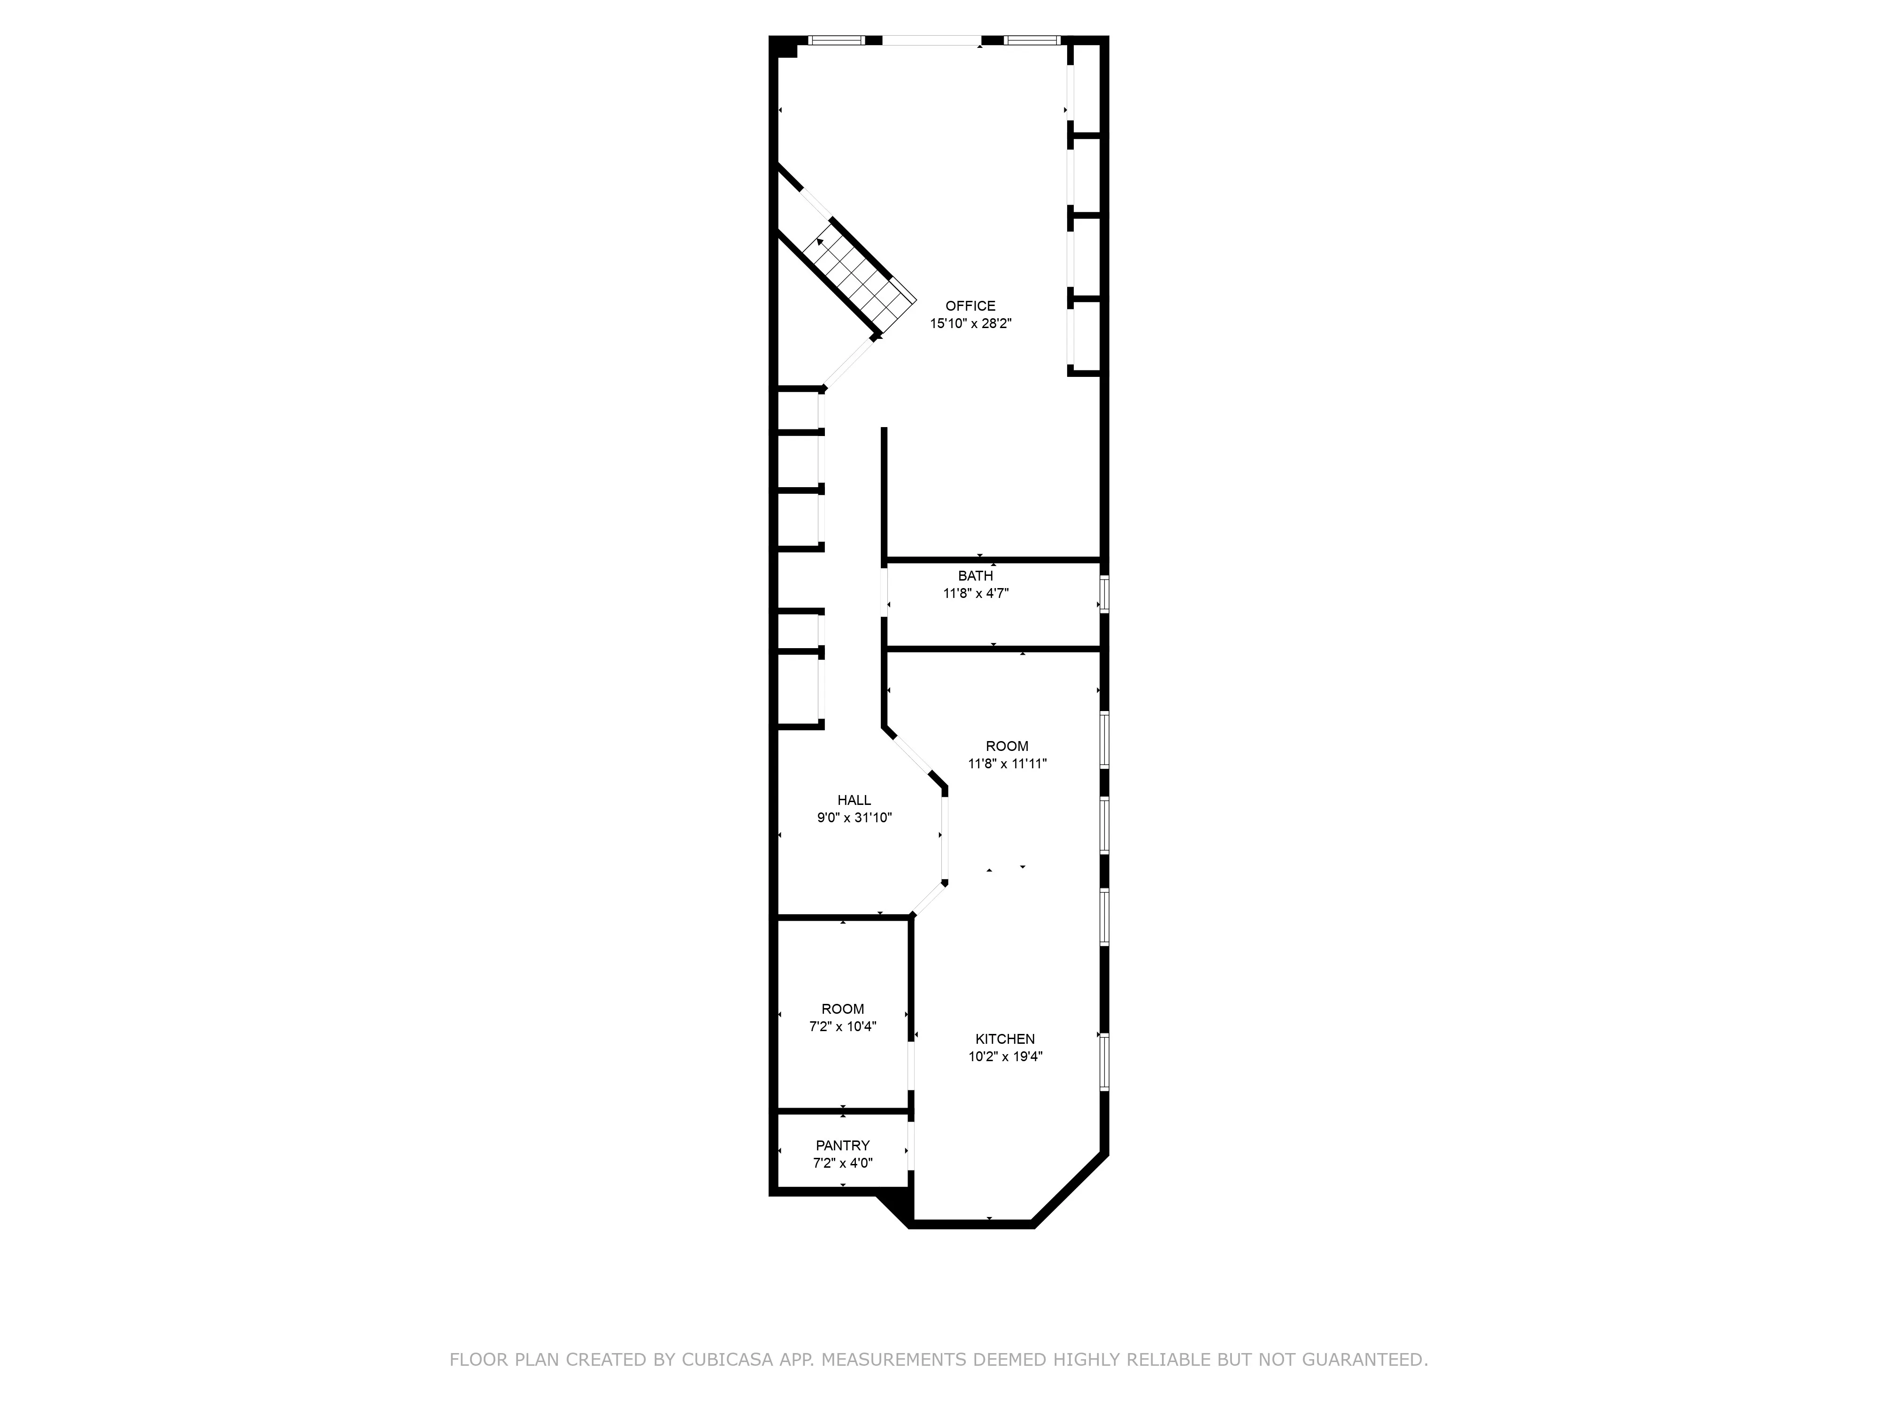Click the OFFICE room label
[x=970, y=306]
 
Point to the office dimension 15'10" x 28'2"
[x=970, y=323]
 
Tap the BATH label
[x=976, y=575]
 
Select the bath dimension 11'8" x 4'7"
[x=976, y=593]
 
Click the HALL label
[x=854, y=799]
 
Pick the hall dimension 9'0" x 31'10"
[x=854, y=817]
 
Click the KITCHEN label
[x=1004, y=1039]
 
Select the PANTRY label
[x=842, y=1145]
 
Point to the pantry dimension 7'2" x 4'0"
[x=842, y=1163]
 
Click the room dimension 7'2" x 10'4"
[x=842, y=1026]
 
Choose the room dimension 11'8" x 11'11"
[x=1007, y=763]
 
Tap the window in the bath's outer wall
[x=1104, y=594]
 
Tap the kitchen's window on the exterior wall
[x=1104, y=1061]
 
